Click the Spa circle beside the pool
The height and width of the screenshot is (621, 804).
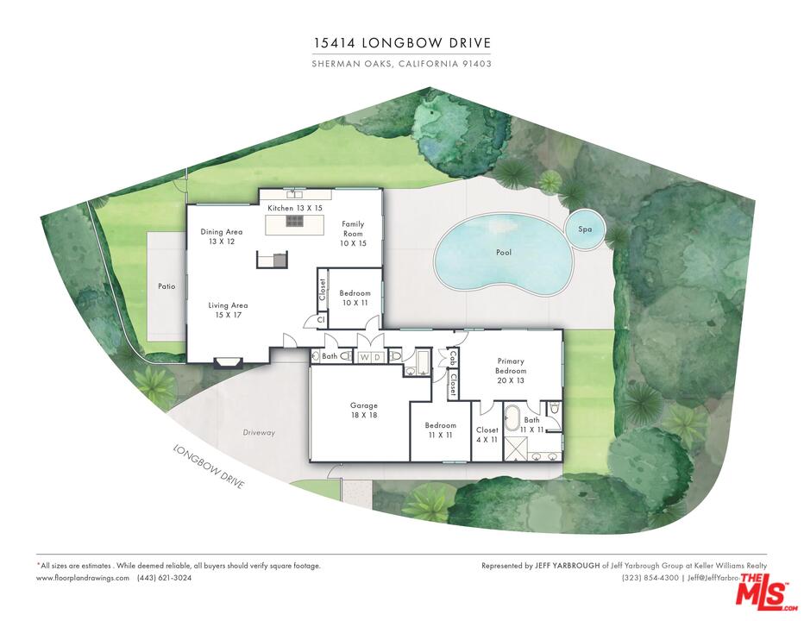(x=585, y=229)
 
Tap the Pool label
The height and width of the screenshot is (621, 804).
(x=503, y=254)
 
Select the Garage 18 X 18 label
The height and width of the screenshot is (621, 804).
(x=363, y=410)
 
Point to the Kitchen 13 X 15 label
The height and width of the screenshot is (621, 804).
(x=294, y=209)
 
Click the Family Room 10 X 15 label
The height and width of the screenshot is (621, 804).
(x=353, y=234)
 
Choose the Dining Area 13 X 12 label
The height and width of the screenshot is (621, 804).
(x=221, y=236)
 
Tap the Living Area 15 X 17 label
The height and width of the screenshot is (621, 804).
(x=228, y=310)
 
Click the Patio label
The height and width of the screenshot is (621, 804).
(x=166, y=286)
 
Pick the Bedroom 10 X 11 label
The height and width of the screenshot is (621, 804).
(x=355, y=298)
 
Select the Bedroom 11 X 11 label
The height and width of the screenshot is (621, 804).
(x=440, y=430)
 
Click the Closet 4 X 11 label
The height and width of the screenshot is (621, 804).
(x=487, y=435)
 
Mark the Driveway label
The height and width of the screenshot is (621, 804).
(x=259, y=433)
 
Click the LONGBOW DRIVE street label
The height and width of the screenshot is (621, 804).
(x=210, y=467)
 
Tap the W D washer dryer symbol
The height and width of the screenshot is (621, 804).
(x=370, y=357)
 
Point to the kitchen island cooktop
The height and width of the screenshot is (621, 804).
(x=294, y=222)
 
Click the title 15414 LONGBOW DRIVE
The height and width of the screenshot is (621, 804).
(x=402, y=43)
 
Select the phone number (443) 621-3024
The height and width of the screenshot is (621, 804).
(x=164, y=578)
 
